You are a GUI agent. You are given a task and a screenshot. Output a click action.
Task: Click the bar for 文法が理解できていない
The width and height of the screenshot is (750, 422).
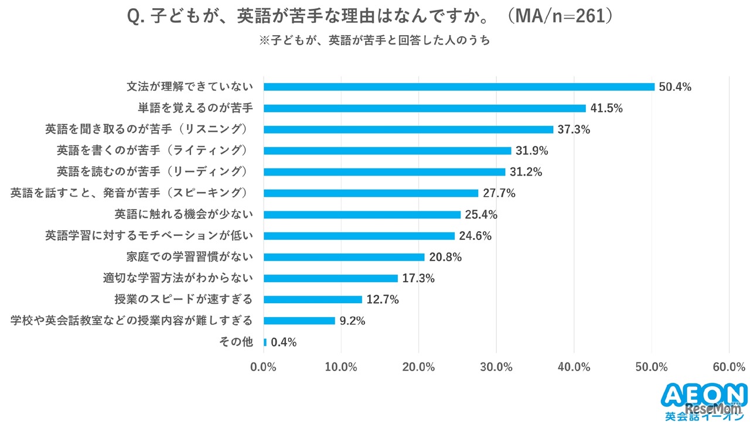pyautogui.click(x=459, y=87)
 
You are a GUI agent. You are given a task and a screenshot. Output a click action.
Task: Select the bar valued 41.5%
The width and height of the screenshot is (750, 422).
pyautogui.click(x=424, y=108)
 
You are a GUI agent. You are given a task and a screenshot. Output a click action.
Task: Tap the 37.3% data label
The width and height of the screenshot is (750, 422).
pyautogui.click(x=574, y=129)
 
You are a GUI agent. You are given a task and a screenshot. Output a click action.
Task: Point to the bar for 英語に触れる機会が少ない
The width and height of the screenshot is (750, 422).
pyautogui.click(x=362, y=214)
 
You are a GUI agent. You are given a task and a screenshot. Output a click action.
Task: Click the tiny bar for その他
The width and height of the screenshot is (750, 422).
pyautogui.click(x=265, y=342)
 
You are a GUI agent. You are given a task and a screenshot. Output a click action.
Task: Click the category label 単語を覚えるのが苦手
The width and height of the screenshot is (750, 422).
pyautogui.click(x=195, y=108)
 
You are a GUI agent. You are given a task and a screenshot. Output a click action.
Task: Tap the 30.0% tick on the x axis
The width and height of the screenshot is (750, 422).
pyautogui.click(x=496, y=367)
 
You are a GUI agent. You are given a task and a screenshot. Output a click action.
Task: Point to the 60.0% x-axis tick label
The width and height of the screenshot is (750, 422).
pyautogui.click(x=729, y=367)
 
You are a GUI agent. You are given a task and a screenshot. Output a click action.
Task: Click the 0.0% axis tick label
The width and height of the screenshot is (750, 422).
pyautogui.click(x=264, y=367)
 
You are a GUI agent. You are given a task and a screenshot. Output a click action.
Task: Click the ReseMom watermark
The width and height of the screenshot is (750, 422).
pyautogui.click(x=715, y=408)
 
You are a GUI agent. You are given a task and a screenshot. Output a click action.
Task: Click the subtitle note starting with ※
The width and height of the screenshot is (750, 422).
pyautogui.click(x=374, y=41)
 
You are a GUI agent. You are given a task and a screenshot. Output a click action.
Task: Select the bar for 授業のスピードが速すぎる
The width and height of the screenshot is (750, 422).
pyautogui.click(x=312, y=300)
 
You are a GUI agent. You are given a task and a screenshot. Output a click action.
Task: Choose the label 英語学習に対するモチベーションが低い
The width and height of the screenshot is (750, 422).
pyautogui.click(x=149, y=236)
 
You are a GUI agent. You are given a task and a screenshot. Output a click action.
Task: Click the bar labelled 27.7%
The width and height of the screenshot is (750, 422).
pyautogui.click(x=370, y=193)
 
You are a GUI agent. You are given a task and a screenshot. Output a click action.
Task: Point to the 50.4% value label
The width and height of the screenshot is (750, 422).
pyautogui.click(x=675, y=87)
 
